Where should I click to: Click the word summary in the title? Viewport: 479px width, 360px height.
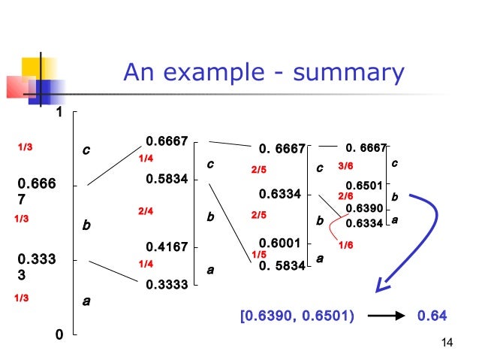349,74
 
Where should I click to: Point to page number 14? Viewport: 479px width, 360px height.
447,343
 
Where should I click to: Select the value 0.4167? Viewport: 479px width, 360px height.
167,245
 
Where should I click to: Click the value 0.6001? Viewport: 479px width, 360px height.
279,243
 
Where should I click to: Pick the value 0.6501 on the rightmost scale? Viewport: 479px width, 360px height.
364,186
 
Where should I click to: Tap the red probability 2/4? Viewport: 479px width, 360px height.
146,212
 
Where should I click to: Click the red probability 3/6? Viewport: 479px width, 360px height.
345,165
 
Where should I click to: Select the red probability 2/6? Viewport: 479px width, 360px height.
346,195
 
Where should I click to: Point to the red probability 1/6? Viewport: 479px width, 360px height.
346,245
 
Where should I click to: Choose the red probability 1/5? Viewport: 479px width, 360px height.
258,255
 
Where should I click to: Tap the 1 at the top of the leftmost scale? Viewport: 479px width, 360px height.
58,113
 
